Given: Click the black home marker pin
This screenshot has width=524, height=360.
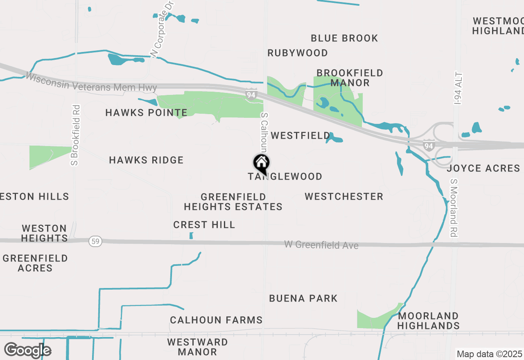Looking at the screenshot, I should pos(261,164).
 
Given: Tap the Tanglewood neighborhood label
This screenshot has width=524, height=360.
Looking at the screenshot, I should pos(285,177).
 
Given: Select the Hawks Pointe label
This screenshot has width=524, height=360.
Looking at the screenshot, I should pos(146,113).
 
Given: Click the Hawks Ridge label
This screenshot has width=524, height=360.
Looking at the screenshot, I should pos(146,160).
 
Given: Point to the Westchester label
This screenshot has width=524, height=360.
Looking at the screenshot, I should pos(344,197).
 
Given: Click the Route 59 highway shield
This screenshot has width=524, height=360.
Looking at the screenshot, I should pos(95,242).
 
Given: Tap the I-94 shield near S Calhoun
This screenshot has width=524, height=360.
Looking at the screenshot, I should pos(251,95).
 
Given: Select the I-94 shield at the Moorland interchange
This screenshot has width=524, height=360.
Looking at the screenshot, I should pos(429,145).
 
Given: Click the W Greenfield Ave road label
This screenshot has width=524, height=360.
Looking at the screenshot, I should pos(321,245).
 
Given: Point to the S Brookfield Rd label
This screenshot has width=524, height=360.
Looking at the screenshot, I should pos(75,135).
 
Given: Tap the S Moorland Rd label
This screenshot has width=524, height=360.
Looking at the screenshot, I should pos(454,208).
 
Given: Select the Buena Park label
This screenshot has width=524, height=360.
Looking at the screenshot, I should pos(303,299).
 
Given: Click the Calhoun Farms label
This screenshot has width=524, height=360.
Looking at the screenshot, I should pos(216,320).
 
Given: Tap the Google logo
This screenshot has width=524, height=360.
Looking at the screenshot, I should pos(27,351).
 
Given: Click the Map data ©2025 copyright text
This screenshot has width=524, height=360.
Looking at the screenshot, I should pos(489,354).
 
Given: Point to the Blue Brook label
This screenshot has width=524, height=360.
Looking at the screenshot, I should pos(344,38).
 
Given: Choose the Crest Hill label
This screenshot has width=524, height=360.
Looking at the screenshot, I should pos(204,225).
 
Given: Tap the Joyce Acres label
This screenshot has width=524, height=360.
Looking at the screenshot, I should pos(483,169).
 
